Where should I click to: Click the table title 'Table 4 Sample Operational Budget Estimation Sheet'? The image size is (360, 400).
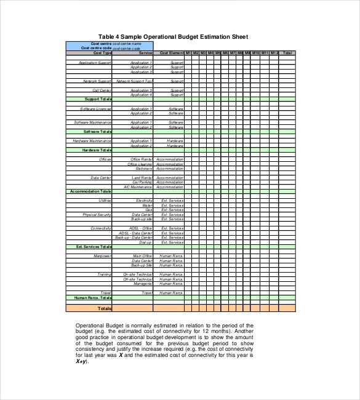pos(173,36)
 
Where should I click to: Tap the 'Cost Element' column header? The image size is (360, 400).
pos(172,53)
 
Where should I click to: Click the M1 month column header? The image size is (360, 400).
pos(188,53)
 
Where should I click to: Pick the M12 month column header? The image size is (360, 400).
pos(274,53)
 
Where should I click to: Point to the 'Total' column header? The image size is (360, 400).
pos(288,53)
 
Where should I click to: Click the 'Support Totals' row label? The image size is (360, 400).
pos(98,99)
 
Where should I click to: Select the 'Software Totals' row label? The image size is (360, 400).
pos(97,132)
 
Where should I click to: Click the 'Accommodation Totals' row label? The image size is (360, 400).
pos(90,191)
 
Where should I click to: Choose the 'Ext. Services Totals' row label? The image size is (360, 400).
pos(94,247)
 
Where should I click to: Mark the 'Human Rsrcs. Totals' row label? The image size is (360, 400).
pos(92,298)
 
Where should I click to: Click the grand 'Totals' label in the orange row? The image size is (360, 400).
pos(105,308)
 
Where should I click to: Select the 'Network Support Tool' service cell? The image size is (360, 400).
pos(134,81)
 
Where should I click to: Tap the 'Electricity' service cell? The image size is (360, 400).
pos(144,201)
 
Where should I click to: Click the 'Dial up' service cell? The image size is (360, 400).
pos(145,242)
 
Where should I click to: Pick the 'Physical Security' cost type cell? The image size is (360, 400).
pos(97,215)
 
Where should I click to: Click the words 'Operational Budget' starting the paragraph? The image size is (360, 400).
pos(97,325)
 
